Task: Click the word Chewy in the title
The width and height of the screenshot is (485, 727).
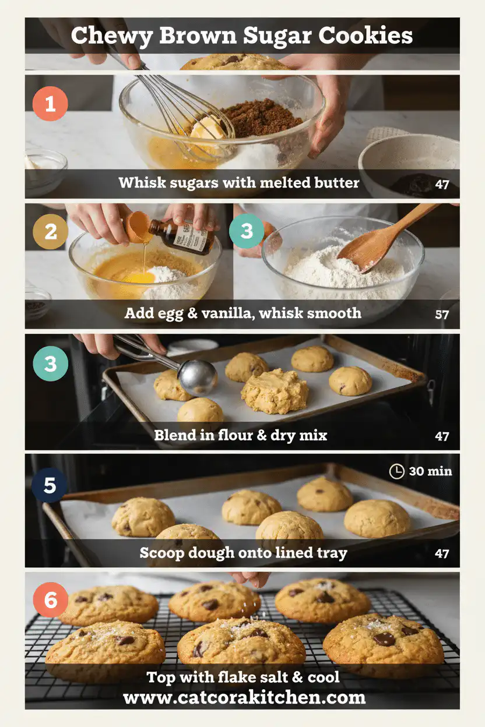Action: [107, 36]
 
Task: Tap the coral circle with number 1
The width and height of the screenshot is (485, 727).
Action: [50, 104]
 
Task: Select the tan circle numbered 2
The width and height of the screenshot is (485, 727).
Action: [51, 231]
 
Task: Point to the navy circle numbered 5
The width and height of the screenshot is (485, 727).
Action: [50, 485]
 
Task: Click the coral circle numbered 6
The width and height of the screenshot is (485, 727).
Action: [51, 599]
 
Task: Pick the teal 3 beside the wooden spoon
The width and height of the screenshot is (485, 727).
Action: [247, 231]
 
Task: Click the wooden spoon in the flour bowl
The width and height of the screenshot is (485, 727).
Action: [385, 239]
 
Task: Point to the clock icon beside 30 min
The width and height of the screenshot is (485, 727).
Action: [396, 471]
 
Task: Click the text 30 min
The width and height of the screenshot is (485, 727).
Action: [430, 471]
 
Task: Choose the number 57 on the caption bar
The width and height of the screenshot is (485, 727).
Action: [442, 315]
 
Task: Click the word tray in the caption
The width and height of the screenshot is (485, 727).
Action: [333, 553]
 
